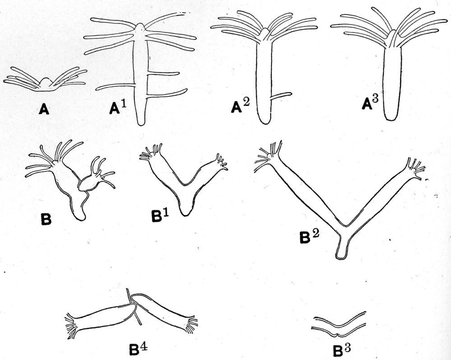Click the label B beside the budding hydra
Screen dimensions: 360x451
tap(46, 221)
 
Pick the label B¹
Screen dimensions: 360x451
tap(158, 216)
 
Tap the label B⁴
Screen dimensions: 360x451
tap(137, 349)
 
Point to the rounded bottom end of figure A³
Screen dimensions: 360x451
tap(391, 117)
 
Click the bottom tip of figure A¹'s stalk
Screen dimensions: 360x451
tap(142, 123)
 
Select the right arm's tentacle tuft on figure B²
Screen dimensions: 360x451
tap(416, 167)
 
